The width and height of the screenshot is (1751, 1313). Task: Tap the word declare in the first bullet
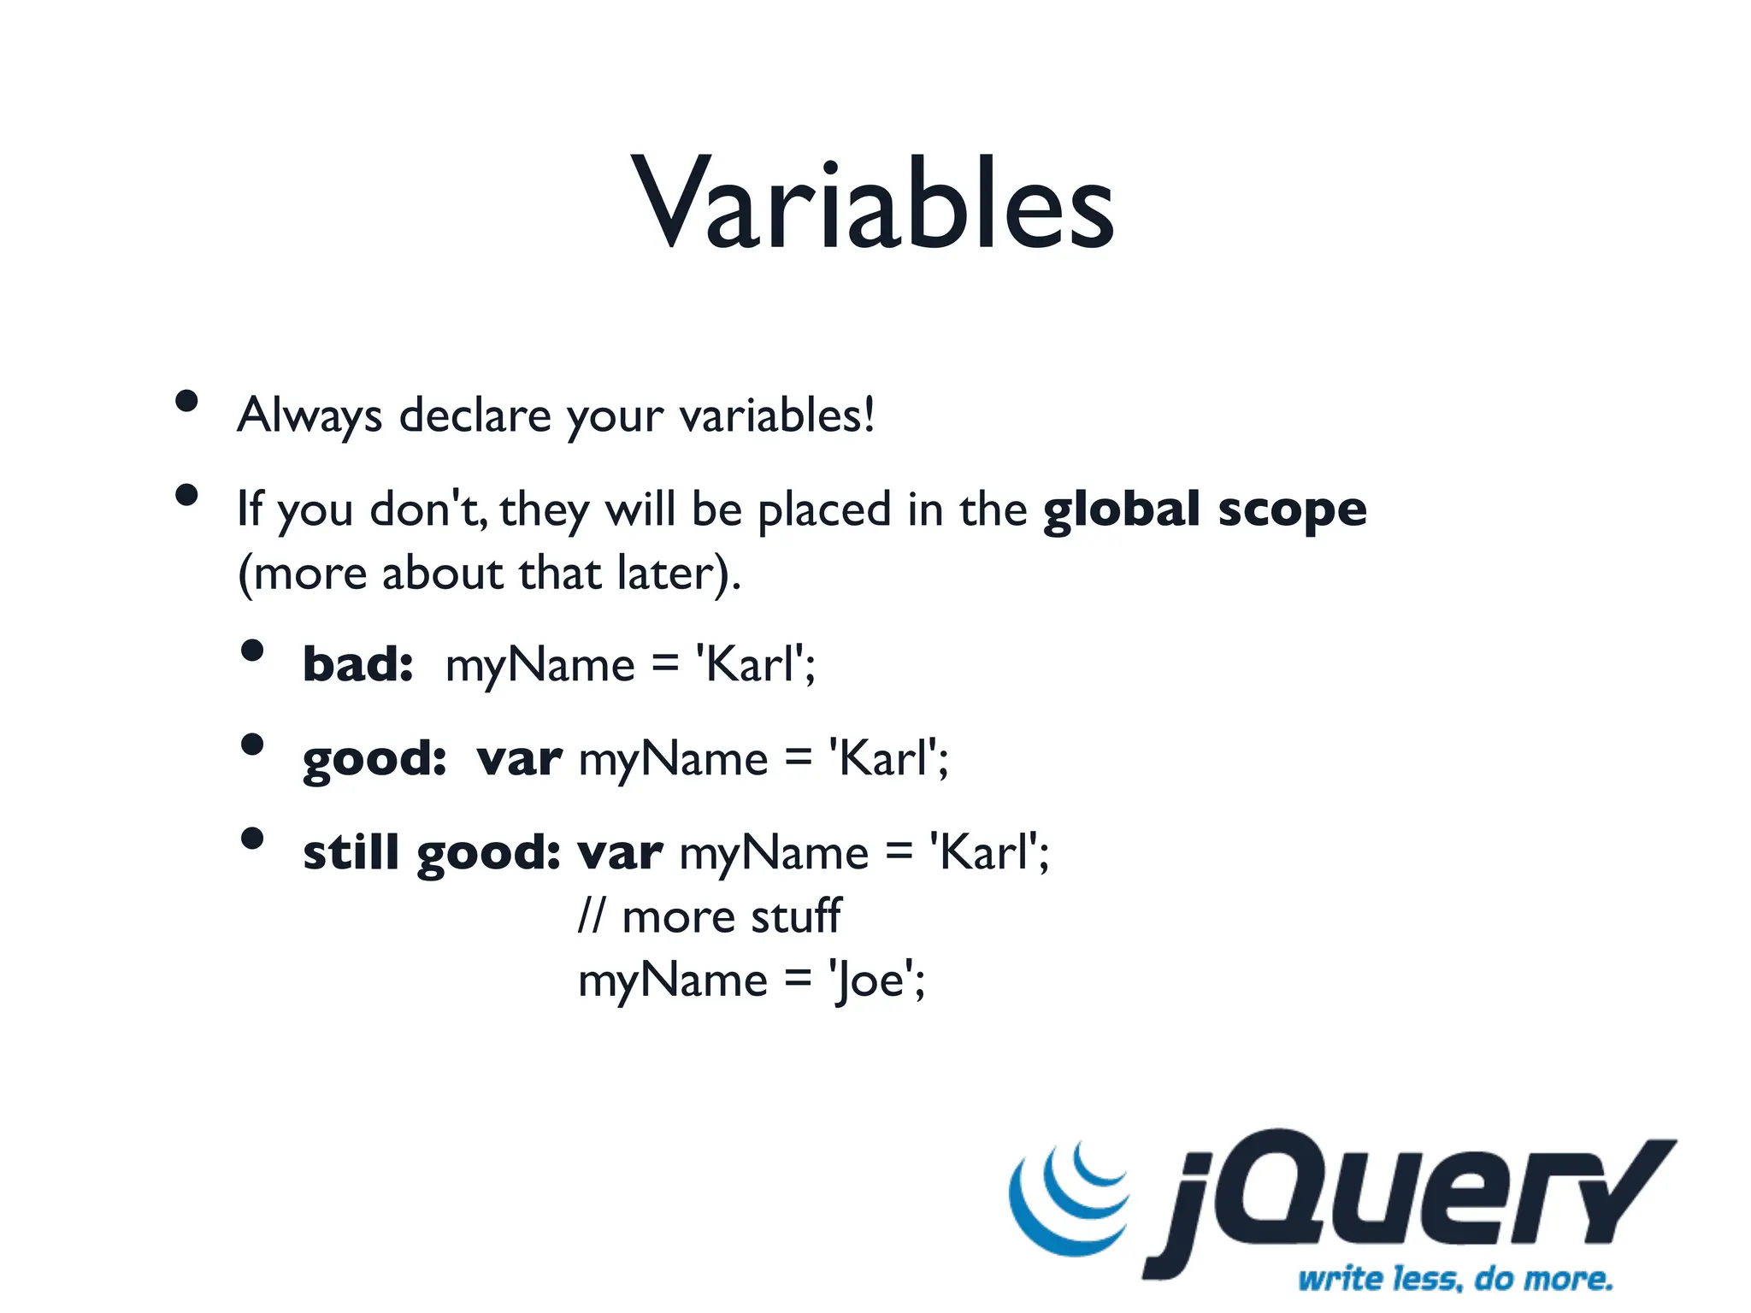[x=475, y=416]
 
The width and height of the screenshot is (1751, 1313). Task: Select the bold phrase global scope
[x=1205, y=510]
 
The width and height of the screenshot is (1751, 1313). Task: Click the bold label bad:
[x=358, y=665]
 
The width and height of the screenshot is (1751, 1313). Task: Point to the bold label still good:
[x=432, y=853]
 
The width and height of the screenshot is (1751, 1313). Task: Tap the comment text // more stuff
[x=710, y=916]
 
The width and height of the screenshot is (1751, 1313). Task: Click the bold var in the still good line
[x=620, y=853]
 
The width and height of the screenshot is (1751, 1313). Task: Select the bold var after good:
[x=520, y=759]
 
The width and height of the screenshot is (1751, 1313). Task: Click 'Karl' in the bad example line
[x=752, y=665]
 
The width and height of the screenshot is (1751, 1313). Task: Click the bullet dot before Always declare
[x=186, y=401]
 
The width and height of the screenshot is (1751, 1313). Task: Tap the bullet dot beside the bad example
[x=252, y=651]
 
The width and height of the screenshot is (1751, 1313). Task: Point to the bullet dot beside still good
[x=252, y=838]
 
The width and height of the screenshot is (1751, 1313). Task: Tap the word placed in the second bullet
[x=825, y=510]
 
